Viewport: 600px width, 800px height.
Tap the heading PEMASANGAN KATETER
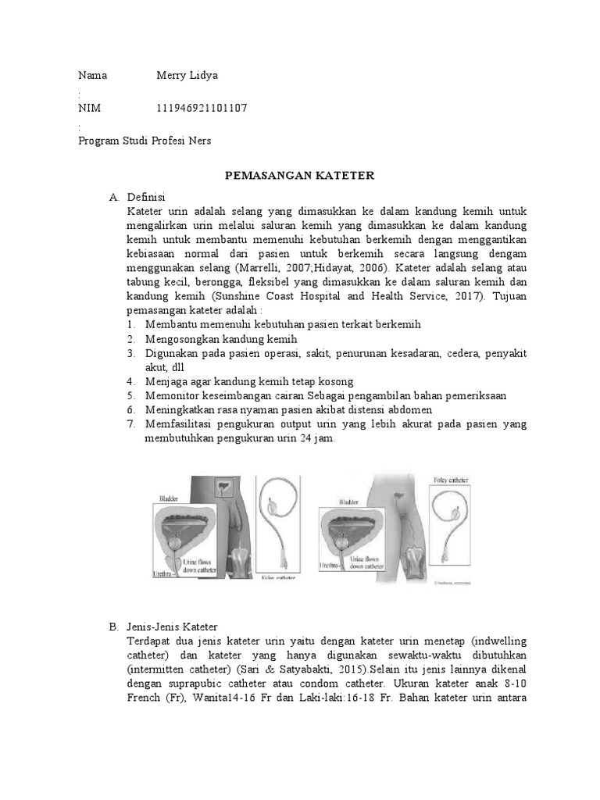[300, 176]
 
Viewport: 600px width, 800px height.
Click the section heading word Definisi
[146, 197]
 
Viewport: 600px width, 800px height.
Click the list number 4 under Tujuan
[130, 382]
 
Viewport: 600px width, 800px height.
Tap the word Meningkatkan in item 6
[179, 410]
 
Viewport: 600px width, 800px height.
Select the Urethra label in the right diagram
[331, 563]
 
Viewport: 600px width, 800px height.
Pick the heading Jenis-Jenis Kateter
[172, 627]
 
